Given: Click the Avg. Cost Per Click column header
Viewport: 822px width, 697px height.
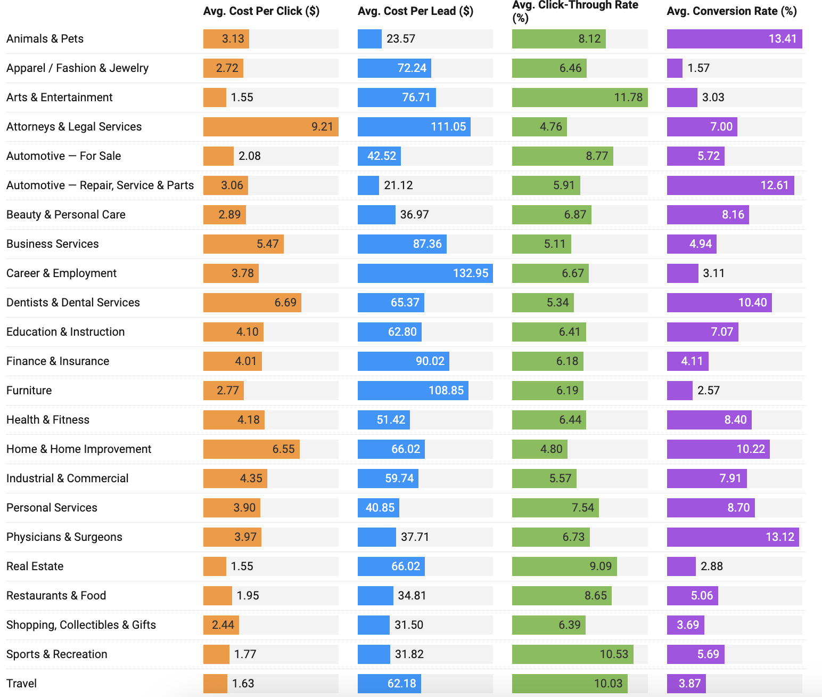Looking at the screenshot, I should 261,11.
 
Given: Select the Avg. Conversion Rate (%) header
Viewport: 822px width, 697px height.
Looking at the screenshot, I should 731,11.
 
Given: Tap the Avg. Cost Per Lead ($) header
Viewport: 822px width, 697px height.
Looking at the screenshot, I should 415,11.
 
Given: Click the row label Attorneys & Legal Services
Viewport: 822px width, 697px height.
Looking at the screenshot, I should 74,127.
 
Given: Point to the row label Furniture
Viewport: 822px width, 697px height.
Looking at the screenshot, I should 29,391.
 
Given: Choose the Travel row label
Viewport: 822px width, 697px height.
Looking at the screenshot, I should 22,684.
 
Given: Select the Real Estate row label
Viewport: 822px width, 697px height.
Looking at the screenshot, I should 35,566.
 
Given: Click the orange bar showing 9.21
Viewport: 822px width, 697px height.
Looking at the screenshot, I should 270,127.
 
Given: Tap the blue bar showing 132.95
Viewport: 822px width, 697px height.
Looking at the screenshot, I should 425,273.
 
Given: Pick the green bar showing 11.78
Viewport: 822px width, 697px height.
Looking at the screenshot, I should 579,98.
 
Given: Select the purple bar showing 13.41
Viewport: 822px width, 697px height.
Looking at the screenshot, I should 734,39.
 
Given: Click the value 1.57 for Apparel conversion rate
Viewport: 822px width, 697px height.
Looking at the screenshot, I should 698,68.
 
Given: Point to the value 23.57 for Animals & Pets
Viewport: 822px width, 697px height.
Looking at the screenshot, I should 401,39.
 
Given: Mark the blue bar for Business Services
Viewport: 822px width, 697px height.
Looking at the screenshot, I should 402,244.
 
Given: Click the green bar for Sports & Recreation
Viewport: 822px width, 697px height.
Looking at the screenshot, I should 572,654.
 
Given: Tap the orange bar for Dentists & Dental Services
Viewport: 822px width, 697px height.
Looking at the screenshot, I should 252,303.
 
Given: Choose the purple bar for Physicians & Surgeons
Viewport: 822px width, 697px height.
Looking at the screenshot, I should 733,537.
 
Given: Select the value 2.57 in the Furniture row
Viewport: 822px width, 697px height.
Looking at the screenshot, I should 709,391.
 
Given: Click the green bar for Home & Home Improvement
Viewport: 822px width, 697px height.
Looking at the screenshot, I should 539,449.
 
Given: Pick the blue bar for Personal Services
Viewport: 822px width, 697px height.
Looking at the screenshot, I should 378,508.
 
